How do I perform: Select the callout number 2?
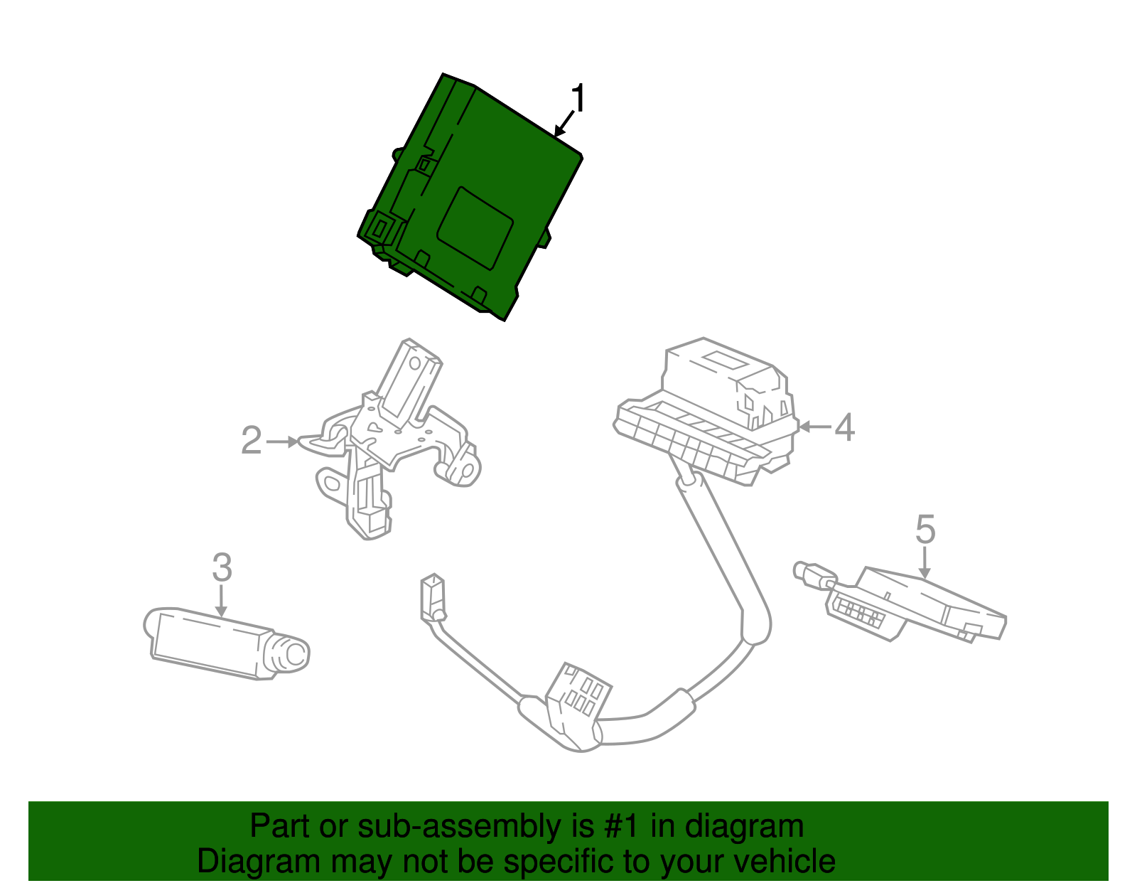click(252, 441)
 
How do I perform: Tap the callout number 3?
click(222, 567)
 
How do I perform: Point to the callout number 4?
click(844, 427)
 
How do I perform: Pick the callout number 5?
click(925, 530)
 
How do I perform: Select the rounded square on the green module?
click(475, 228)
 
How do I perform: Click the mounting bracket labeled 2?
click(391, 441)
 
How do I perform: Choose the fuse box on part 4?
click(718, 405)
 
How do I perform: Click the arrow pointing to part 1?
click(563, 125)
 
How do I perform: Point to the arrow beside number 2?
click(283, 442)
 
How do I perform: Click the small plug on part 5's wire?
click(809, 573)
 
